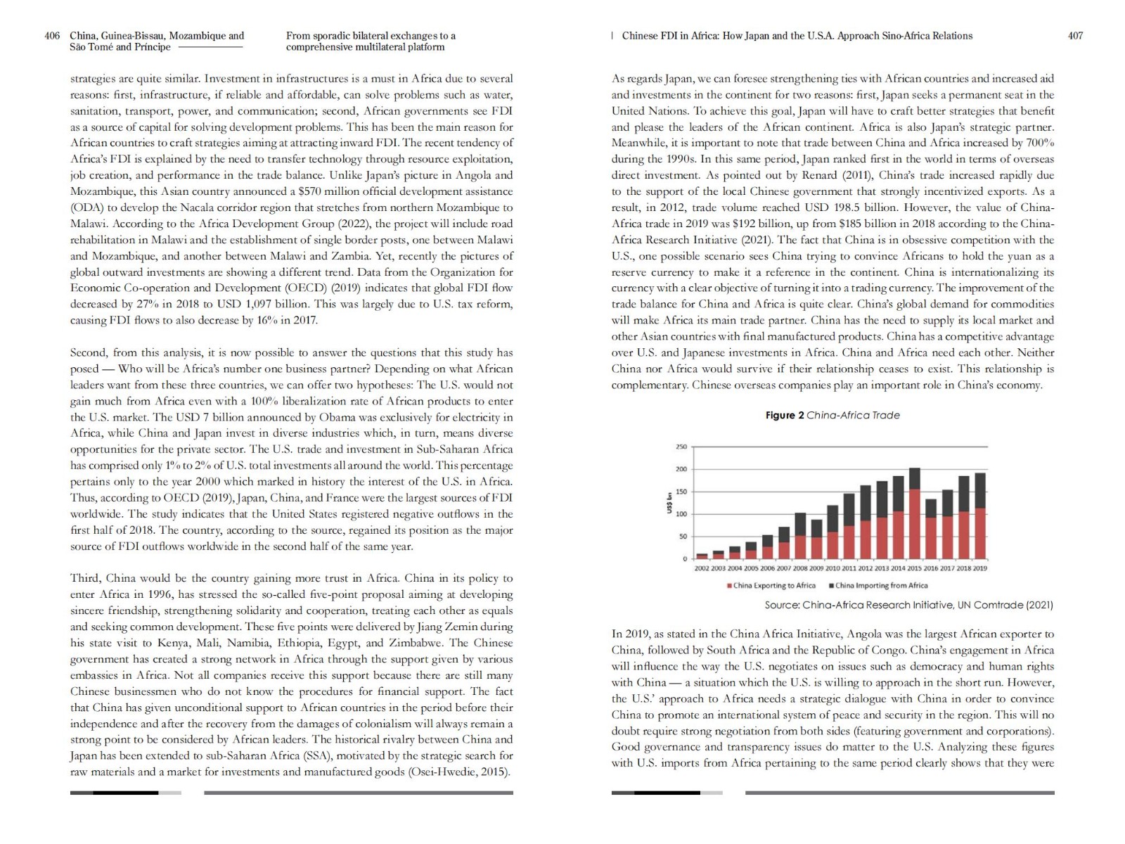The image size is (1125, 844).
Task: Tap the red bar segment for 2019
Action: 980,533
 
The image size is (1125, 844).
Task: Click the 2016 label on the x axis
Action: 931,568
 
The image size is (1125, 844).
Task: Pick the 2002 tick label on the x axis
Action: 702,568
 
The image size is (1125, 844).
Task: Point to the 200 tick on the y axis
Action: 681,469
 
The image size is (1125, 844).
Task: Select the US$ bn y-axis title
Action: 670,502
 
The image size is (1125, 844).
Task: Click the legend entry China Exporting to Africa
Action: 773,585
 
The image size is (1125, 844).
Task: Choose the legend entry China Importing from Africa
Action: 881,585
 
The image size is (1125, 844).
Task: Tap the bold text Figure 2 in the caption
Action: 784,415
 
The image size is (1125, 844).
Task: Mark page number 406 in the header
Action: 52,36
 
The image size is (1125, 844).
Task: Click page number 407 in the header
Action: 1075,36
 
